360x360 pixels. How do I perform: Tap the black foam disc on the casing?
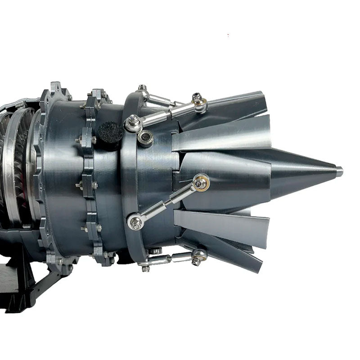[111, 130]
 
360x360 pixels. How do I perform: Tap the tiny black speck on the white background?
[228, 34]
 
